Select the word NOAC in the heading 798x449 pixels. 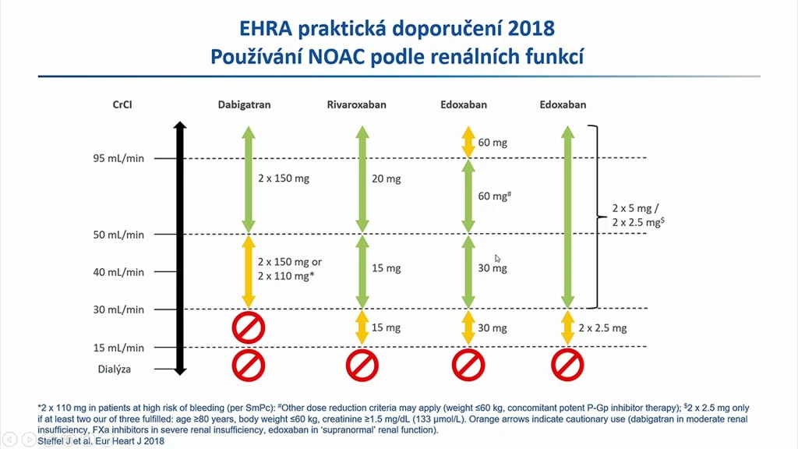[336, 56]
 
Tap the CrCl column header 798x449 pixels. [122, 104]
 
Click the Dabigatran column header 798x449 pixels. [244, 104]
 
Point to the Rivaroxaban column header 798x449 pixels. [356, 104]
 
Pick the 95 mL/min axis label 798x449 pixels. [118, 158]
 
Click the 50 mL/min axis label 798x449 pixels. [118, 235]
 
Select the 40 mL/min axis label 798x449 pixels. [118, 272]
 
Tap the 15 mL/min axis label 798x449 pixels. [118, 348]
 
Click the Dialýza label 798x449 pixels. [115, 369]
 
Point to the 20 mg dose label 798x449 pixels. [387, 179]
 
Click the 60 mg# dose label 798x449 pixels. [494, 196]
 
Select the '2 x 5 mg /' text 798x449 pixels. [635, 208]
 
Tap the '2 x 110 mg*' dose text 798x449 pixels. [285, 276]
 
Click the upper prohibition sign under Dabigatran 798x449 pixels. [249, 327]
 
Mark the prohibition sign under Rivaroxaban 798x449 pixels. [362, 365]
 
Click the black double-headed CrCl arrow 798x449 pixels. [180, 249]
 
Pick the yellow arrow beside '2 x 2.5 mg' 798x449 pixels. [567, 328]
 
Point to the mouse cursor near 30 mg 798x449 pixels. [498, 259]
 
